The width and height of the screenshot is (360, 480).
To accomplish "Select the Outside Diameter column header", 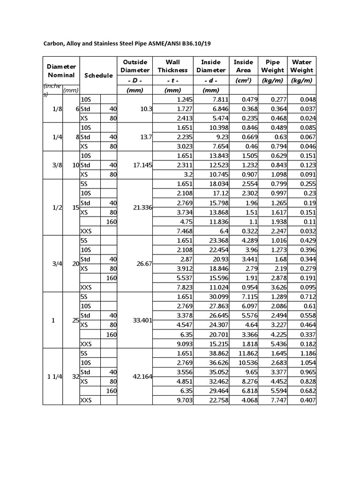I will click(135, 66).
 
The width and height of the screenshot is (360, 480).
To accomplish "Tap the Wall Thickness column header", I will click(172, 66).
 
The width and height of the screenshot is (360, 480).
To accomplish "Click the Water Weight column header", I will click(302, 66).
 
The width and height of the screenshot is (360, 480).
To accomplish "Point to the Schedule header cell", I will click(98, 75).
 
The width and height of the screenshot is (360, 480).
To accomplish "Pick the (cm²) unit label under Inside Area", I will click(243, 80).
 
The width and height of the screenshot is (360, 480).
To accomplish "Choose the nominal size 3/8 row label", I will click(53, 165).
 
